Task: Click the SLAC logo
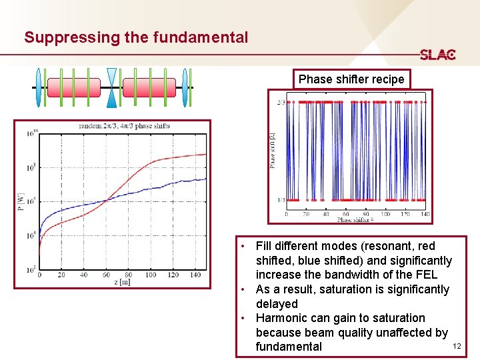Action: (x=437, y=55)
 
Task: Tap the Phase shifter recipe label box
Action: (x=351, y=79)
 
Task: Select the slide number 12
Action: (x=457, y=347)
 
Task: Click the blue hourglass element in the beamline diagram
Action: (x=111, y=87)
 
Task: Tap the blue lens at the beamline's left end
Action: (x=38, y=87)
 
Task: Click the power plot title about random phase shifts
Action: (x=124, y=126)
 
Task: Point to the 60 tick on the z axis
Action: (x=106, y=275)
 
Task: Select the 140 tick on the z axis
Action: (x=195, y=275)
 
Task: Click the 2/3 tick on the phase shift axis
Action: (x=280, y=102)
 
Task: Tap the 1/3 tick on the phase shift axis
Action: (x=280, y=199)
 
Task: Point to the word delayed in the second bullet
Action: (x=277, y=304)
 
